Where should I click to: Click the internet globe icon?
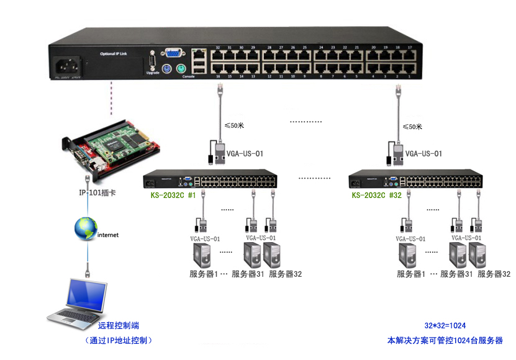(x=86, y=228)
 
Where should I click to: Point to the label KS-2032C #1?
(x=173, y=196)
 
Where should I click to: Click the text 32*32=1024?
(x=445, y=326)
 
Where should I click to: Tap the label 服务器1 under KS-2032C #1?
(x=203, y=274)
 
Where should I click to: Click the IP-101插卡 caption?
(x=97, y=193)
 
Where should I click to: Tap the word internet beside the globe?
(x=108, y=235)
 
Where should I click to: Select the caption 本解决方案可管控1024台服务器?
(x=445, y=341)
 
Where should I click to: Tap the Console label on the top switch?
(x=189, y=76)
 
